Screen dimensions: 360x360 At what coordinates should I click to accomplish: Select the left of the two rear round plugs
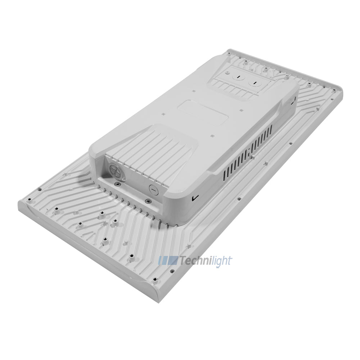tap(238, 76)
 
